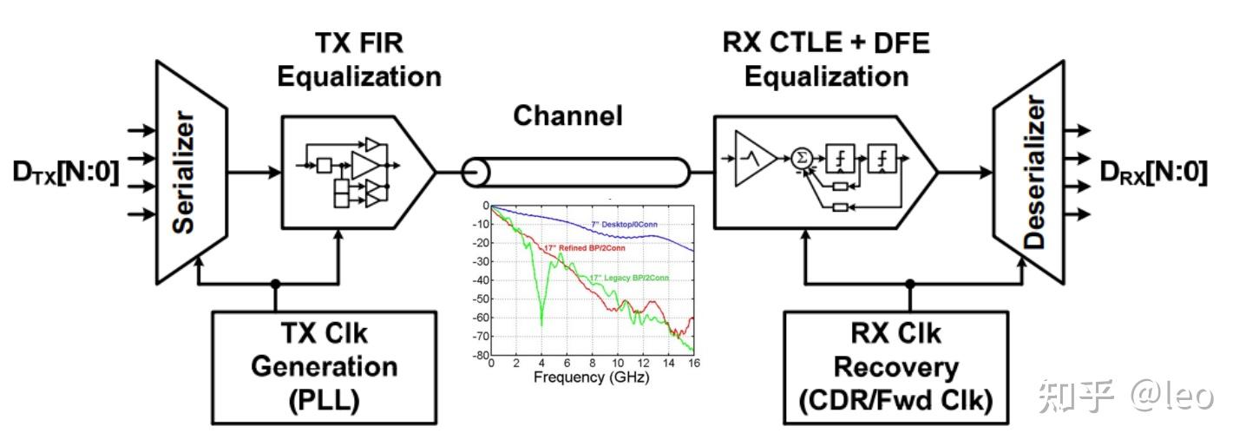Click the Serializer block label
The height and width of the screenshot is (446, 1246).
click(184, 172)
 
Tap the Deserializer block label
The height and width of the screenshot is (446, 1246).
click(1035, 172)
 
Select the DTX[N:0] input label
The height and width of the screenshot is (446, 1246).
click(66, 173)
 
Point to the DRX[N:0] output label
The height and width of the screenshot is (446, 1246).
click(1154, 173)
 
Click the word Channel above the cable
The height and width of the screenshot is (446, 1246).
click(567, 115)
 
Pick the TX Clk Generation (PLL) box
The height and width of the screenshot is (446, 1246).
click(325, 368)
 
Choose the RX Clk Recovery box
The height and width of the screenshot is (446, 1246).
click(895, 368)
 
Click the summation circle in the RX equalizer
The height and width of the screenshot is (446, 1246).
click(802, 159)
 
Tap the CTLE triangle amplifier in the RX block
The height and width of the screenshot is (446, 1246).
click(754, 159)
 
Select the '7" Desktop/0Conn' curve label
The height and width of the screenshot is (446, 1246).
click(624, 225)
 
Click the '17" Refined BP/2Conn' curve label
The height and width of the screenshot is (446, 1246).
click(585, 248)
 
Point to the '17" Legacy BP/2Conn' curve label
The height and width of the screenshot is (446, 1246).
click(629, 278)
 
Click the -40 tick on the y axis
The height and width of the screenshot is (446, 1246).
click(480, 280)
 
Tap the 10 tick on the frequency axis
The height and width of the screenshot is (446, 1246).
click(618, 364)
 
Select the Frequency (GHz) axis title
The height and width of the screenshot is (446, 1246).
click(591, 377)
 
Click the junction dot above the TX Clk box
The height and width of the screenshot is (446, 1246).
click(275, 284)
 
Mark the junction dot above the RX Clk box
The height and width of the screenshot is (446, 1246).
click(910, 284)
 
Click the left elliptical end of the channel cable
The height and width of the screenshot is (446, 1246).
click(475, 173)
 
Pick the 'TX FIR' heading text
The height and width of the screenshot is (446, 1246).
click(359, 43)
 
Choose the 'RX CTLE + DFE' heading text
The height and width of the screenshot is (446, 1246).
click(826, 43)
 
